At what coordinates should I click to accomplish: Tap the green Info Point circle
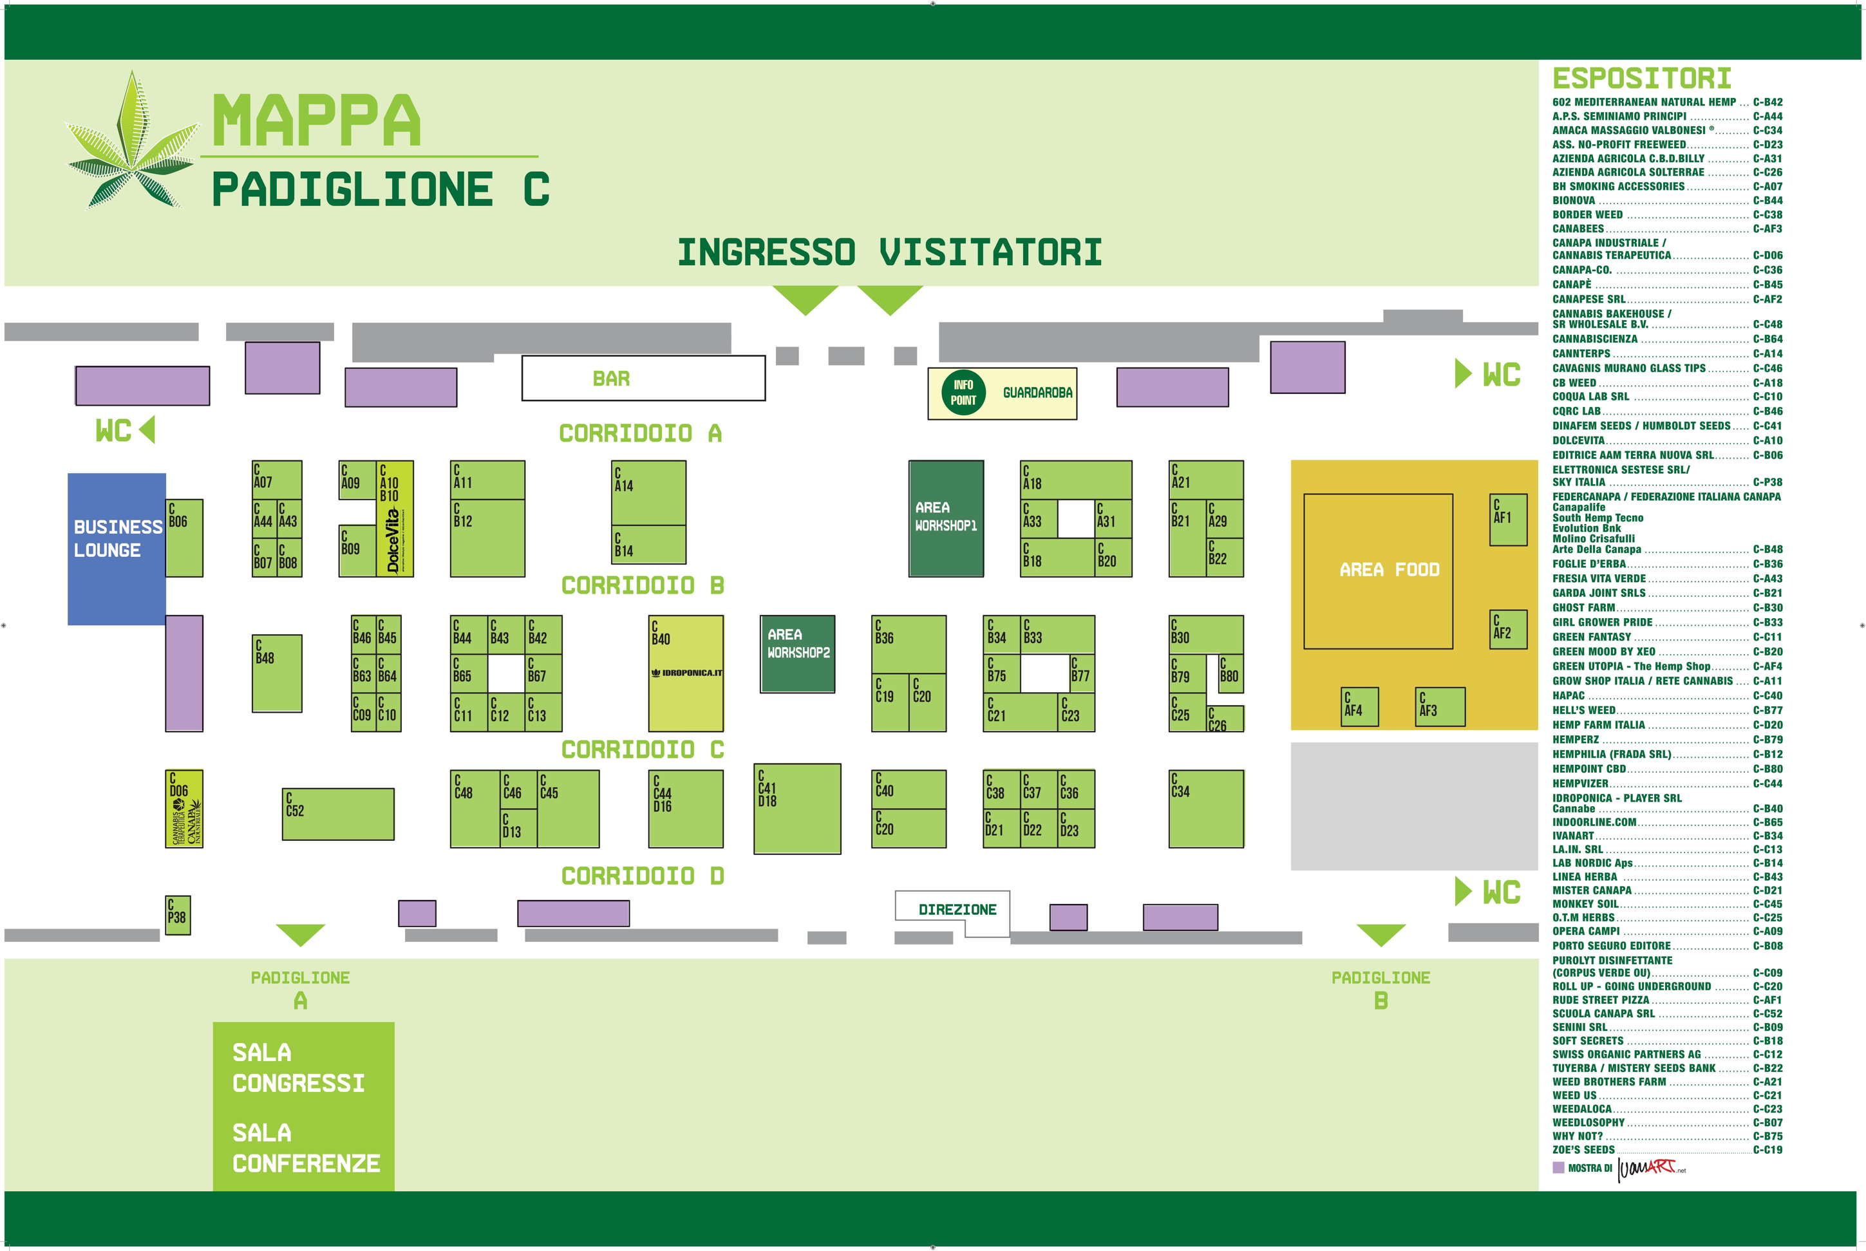point(963,393)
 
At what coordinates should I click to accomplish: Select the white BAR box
point(643,378)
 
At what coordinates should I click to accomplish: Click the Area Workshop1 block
point(945,518)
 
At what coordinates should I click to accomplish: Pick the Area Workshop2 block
point(797,654)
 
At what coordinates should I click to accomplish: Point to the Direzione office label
point(957,910)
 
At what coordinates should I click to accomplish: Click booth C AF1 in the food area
point(1508,520)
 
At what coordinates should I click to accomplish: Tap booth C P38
point(177,914)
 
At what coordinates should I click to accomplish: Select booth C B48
point(277,673)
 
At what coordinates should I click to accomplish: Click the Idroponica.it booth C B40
point(685,673)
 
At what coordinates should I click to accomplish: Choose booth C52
point(337,814)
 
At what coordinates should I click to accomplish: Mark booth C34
point(1205,808)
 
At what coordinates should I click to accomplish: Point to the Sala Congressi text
point(297,1068)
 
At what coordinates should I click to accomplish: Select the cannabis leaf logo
point(131,144)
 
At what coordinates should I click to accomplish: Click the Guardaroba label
point(1037,393)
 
